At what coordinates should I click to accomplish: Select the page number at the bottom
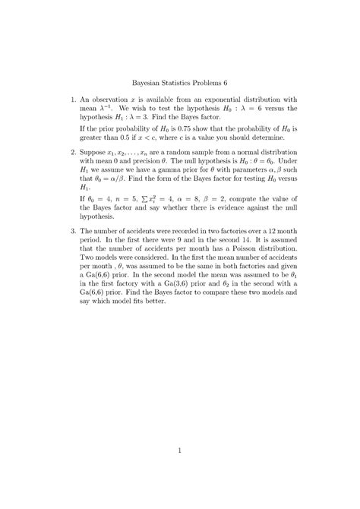coord(180,428)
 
